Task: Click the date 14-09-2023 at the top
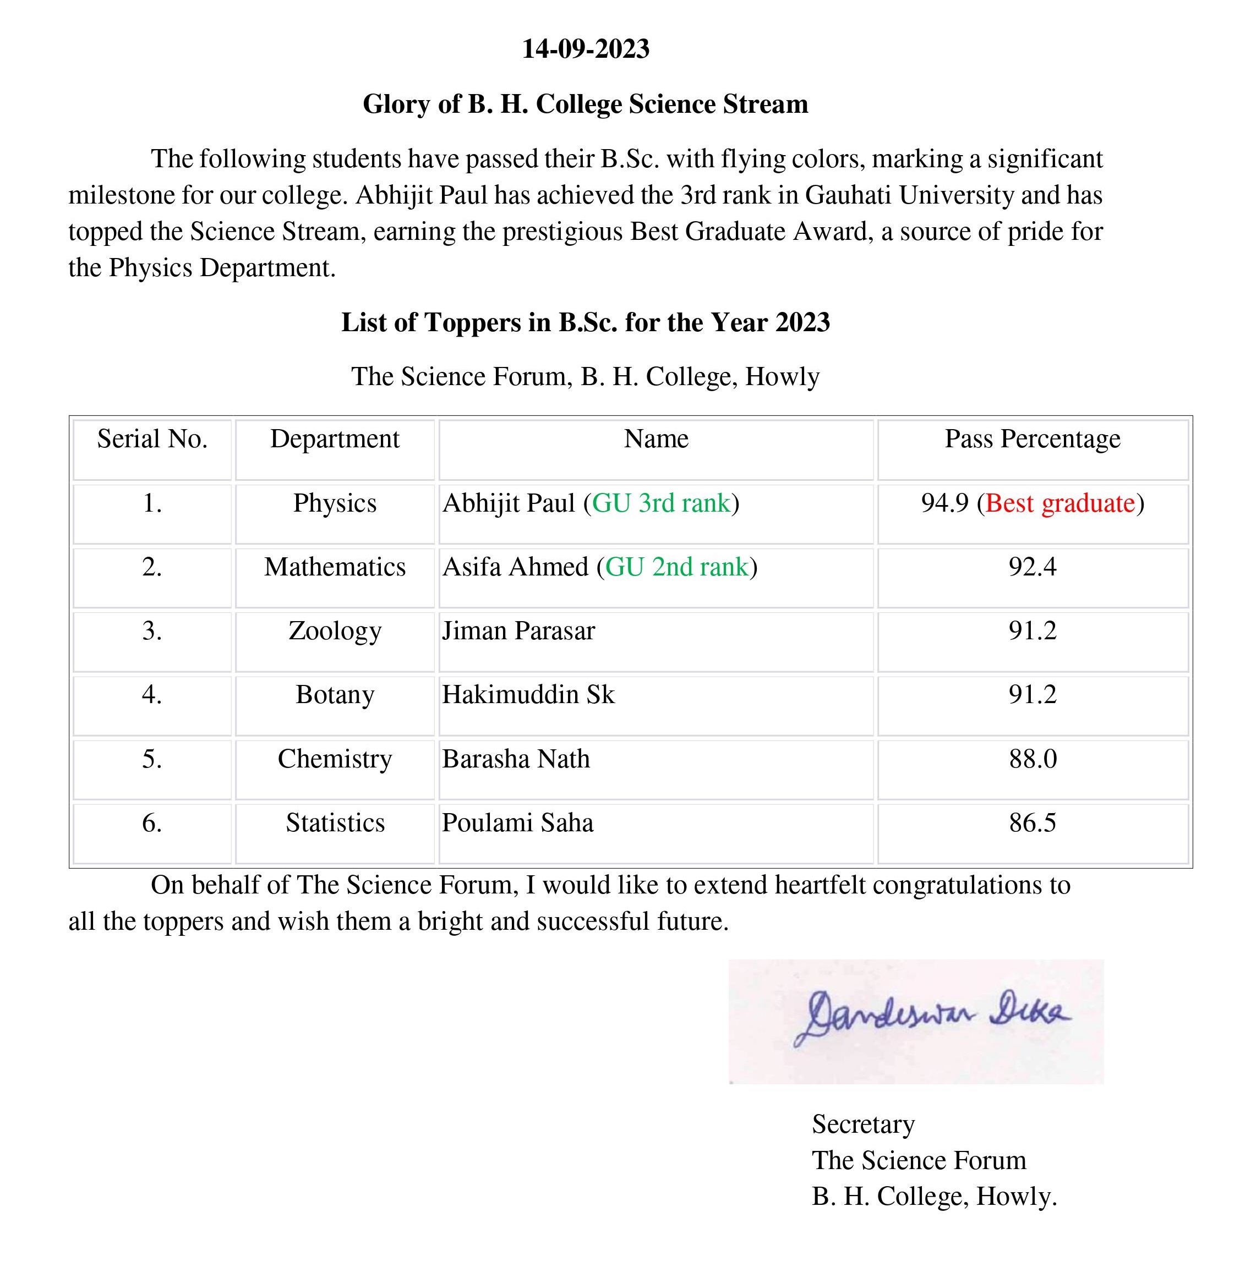pos(586,50)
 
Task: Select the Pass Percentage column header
pos(1033,440)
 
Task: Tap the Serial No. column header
pos(152,440)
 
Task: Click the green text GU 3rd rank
pos(661,503)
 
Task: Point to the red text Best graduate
pos(1060,503)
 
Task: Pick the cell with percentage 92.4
pos(1033,567)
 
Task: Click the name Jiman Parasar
pos(518,631)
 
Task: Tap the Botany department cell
pos(335,695)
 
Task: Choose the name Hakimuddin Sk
pos(528,695)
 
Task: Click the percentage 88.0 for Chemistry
pos(1033,759)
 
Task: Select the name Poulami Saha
pos(518,823)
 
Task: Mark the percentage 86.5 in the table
pos(1033,823)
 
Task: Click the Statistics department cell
pos(335,823)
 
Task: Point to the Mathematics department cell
pos(335,567)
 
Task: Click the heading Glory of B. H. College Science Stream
pos(585,104)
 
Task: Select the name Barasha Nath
pos(516,759)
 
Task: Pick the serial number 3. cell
pos(152,631)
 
